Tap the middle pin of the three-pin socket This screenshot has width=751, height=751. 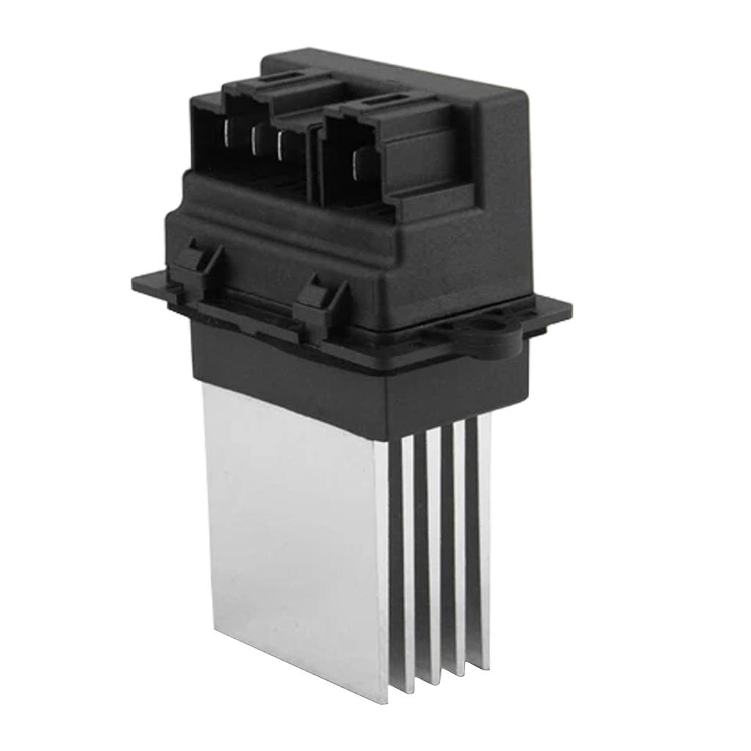click(254, 139)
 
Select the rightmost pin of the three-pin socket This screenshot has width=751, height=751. click(280, 144)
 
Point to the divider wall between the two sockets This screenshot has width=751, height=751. click(315, 158)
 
